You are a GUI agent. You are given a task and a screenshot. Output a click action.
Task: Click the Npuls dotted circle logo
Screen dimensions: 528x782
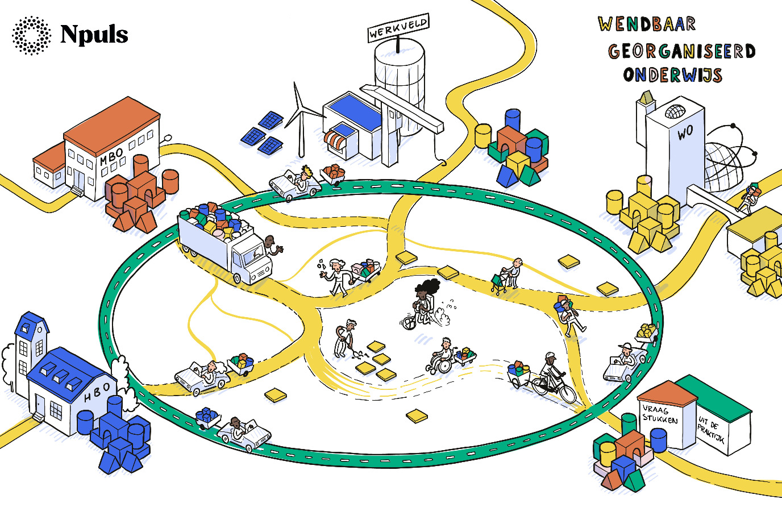tap(31, 35)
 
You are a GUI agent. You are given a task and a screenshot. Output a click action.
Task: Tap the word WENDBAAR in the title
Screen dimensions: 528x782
tap(647, 24)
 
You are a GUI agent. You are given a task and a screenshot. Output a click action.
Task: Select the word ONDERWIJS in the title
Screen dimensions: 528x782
tap(672, 74)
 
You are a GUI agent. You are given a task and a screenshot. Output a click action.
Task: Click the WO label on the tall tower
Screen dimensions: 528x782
tap(685, 132)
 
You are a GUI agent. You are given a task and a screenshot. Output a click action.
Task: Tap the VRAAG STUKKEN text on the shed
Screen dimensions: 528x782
tap(660, 414)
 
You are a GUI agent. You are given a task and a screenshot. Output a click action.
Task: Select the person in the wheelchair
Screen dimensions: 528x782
tap(443, 356)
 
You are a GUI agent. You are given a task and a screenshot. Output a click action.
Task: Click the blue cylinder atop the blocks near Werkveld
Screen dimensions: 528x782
tap(513, 119)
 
